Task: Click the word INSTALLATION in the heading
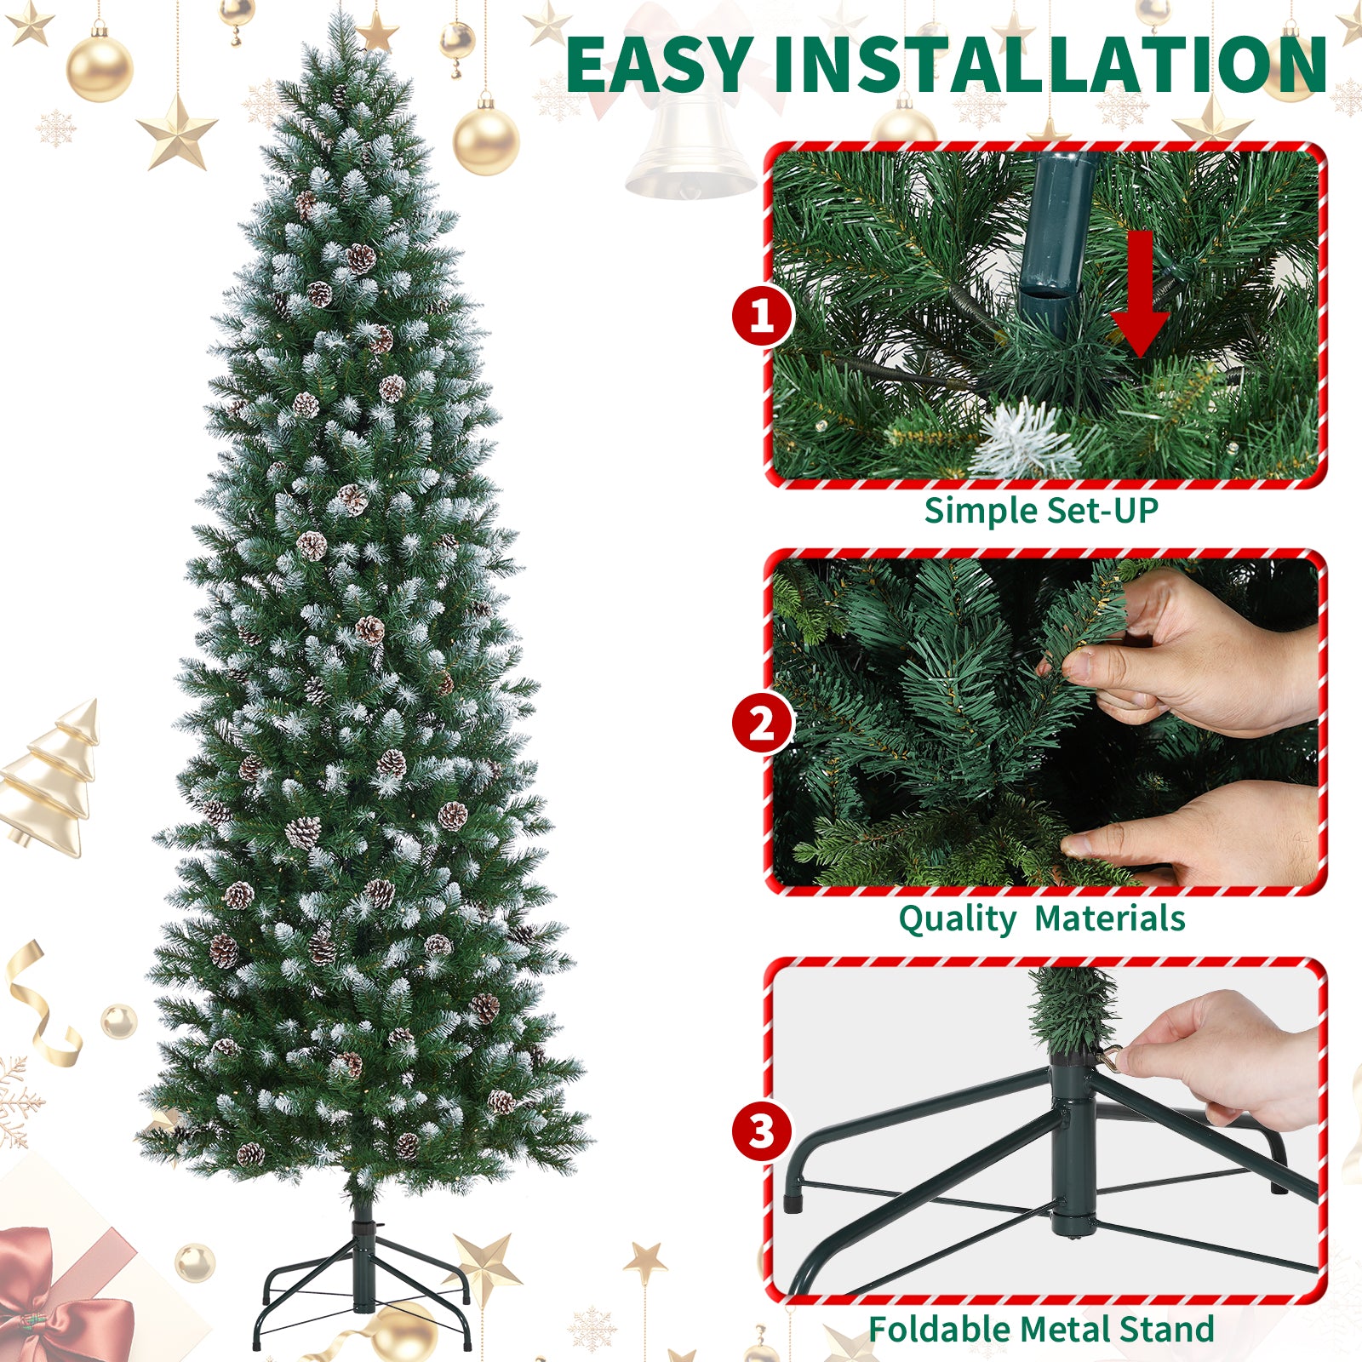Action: (x=1050, y=65)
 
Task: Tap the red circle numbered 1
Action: (x=762, y=317)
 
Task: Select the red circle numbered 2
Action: (x=762, y=724)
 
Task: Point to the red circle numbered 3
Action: (x=762, y=1131)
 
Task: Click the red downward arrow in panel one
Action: (x=1140, y=294)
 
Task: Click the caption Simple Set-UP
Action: (x=1041, y=511)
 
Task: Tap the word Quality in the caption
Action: (x=957, y=919)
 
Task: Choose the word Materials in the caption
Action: (x=1110, y=918)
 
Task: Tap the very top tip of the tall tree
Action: (x=341, y=12)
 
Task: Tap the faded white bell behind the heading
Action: (x=690, y=145)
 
